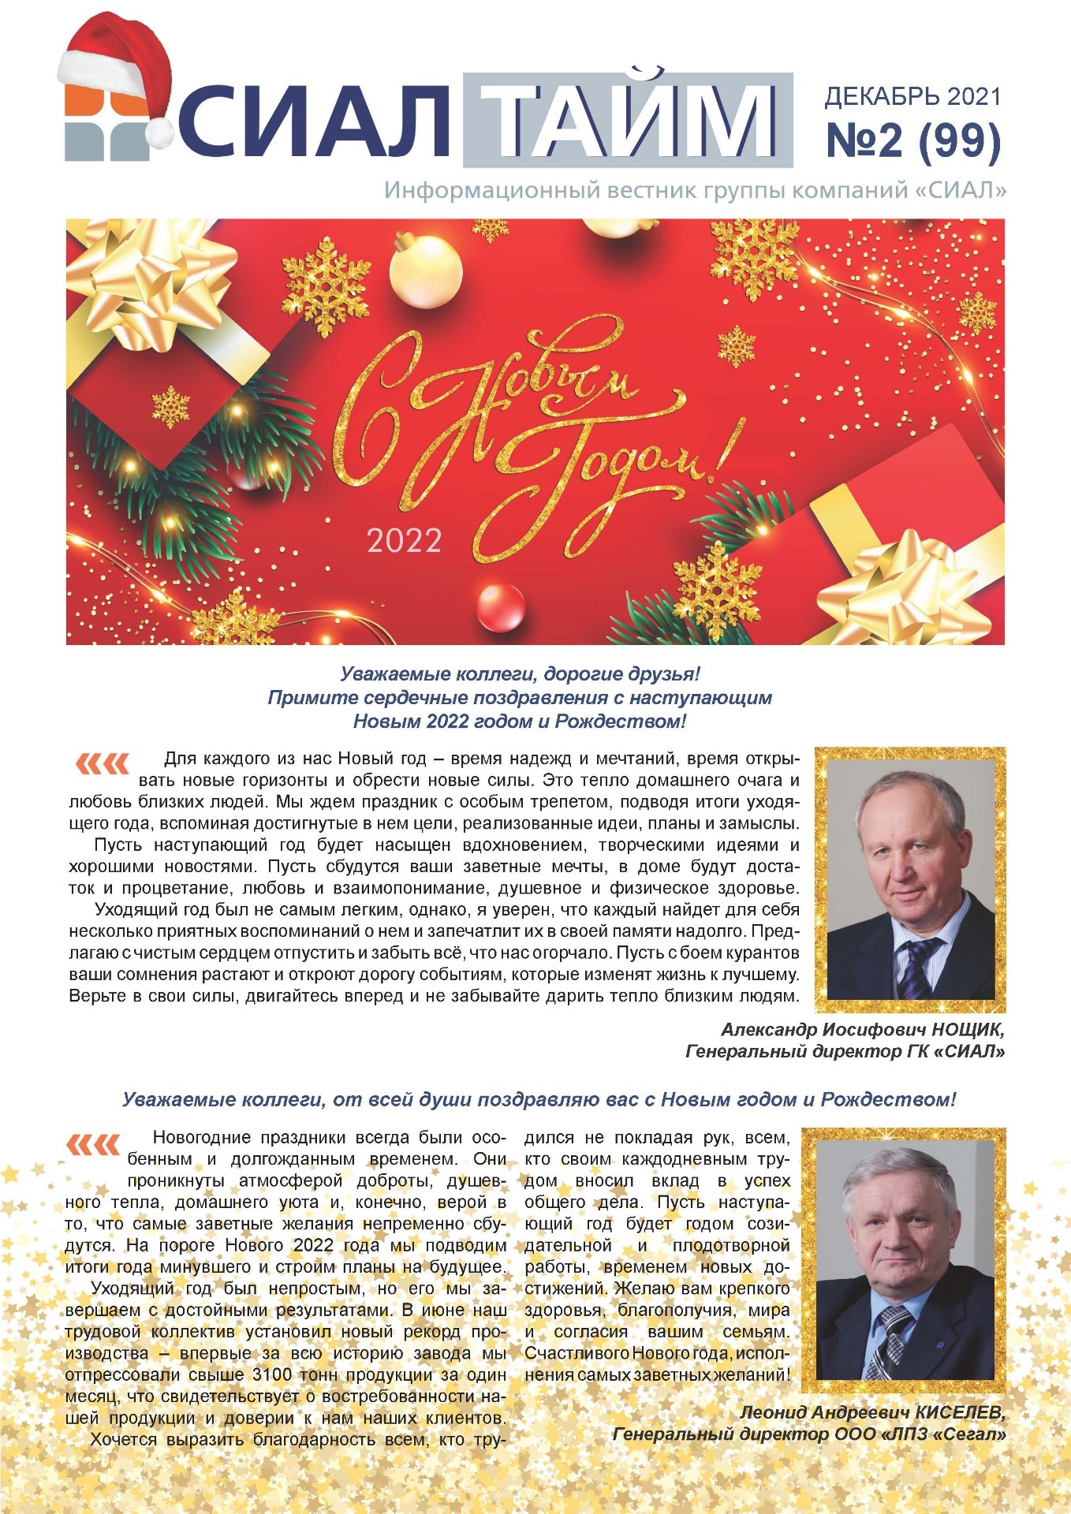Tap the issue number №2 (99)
(913, 140)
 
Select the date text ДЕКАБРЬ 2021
(912, 97)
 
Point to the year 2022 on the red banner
(404, 541)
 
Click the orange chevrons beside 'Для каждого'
(102, 763)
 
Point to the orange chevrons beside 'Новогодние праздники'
(93, 1144)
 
